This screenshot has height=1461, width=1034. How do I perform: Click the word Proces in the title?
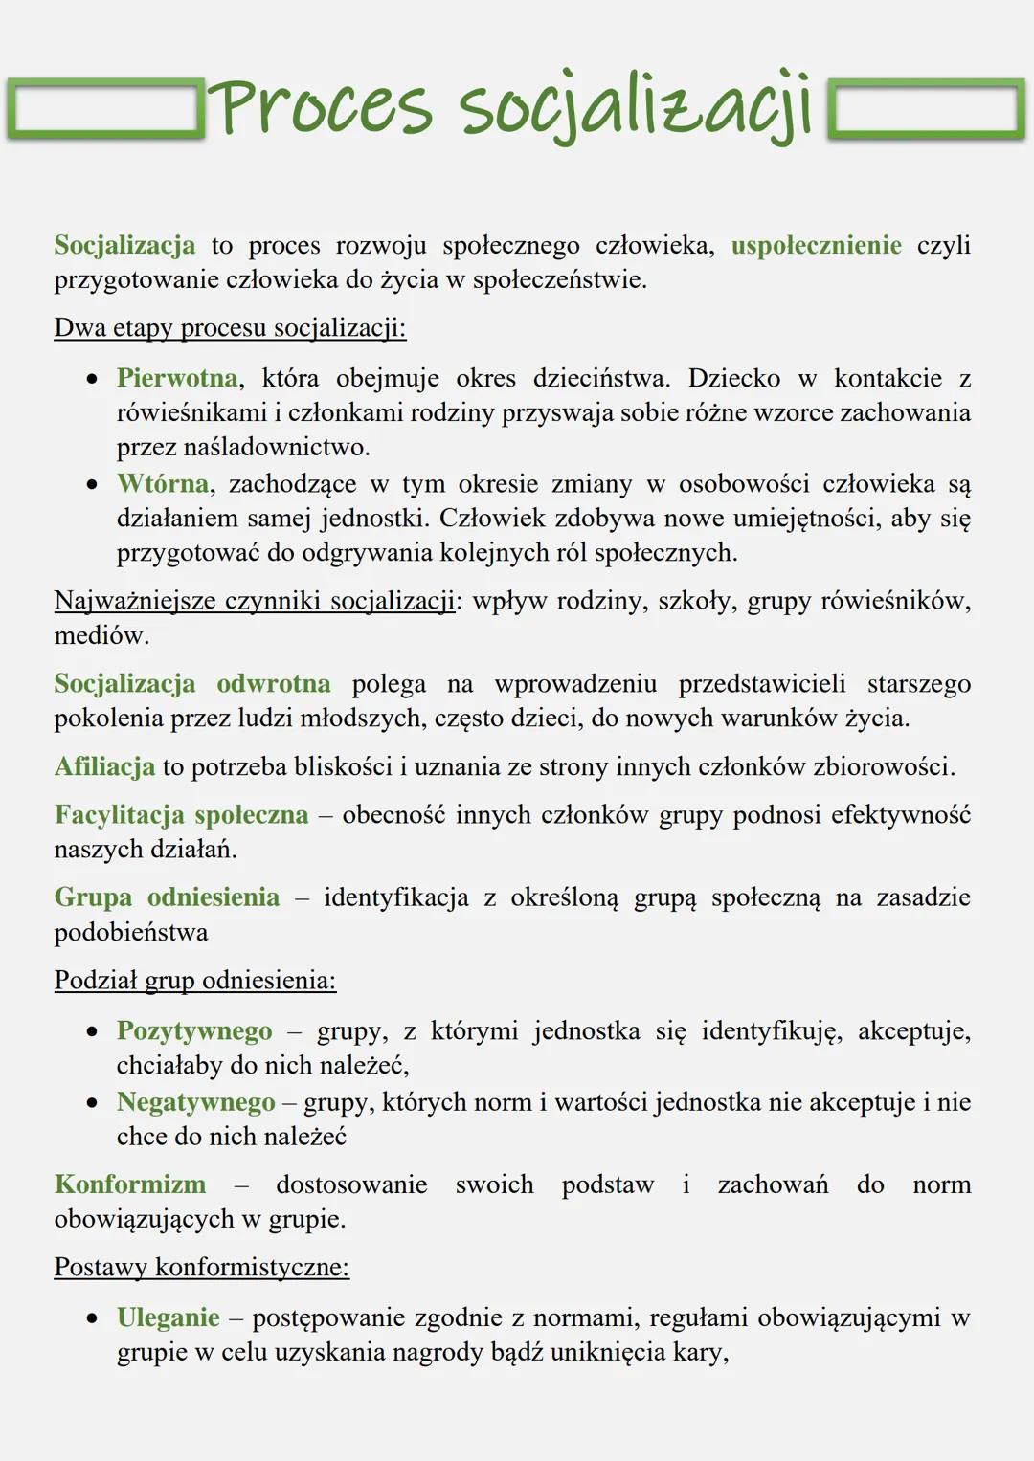(321, 107)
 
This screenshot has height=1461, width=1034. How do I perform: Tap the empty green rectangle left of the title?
(104, 111)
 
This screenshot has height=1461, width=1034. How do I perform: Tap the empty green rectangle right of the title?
(925, 111)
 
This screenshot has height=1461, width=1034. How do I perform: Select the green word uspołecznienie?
(816, 246)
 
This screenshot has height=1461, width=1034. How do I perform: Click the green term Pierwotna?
(176, 378)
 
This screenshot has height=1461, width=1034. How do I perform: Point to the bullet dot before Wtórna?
(92, 485)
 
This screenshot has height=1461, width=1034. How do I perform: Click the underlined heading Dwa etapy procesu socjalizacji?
(230, 328)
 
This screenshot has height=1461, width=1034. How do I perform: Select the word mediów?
(101, 635)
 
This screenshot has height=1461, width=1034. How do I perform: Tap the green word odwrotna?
(273, 684)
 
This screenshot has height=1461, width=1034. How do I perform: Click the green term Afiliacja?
(104, 766)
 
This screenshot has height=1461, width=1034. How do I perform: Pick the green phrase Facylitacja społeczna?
(181, 815)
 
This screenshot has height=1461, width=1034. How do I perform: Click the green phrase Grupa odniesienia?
(167, 897)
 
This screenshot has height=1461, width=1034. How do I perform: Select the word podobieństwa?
(131, 932)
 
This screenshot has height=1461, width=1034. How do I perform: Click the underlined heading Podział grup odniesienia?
(194, 981)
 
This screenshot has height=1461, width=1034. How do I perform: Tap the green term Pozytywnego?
(194, 1030)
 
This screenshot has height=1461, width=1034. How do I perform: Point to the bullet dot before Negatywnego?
(92, 1103)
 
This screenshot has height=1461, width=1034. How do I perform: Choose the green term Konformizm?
(130, 1184)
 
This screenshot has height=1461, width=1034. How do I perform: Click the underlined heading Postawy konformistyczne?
(201, 1268)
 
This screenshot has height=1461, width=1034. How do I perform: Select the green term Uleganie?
(169, 1317)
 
